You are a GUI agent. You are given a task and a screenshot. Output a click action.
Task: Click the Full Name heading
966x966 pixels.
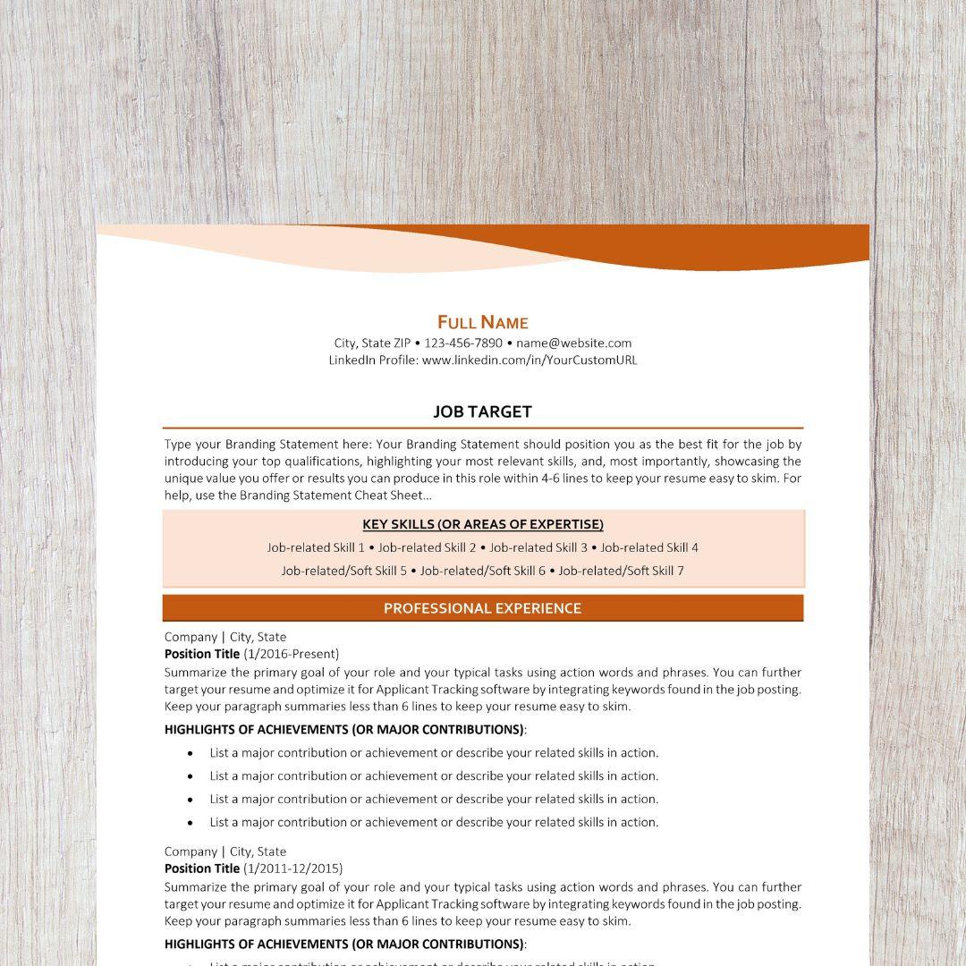[483, 322]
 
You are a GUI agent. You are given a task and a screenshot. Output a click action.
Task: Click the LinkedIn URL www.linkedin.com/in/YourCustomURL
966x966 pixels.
[530, 360]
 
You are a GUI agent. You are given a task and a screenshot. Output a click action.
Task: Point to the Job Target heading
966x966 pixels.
[483, 411]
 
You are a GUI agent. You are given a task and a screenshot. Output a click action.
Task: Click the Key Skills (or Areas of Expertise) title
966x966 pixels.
[483, 524]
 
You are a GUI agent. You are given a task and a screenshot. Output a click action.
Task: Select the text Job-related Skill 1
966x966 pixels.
[316, 547]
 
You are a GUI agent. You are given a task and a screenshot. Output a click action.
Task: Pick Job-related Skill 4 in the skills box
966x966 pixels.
[649, 547]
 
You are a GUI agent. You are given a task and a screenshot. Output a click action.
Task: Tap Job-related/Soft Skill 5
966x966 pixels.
[344, 571]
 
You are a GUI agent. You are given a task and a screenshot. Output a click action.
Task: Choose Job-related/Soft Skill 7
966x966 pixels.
[622, 571]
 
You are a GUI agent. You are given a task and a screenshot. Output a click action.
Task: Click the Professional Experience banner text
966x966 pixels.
[483, 608]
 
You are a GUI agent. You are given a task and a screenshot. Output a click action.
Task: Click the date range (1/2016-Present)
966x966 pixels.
[292, 654]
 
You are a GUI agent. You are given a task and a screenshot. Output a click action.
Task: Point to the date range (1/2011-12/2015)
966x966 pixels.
[293, 869]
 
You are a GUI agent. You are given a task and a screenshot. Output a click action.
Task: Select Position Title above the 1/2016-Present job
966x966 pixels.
[202, 654]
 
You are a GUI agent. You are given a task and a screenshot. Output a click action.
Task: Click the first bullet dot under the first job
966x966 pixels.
[191, 753]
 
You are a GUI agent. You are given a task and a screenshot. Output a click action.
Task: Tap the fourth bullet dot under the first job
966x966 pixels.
[191, 822]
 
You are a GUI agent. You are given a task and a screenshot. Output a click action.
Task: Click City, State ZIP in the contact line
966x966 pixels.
[372, 343]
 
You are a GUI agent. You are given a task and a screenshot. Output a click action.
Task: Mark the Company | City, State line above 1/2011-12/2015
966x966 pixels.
[225, 852]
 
